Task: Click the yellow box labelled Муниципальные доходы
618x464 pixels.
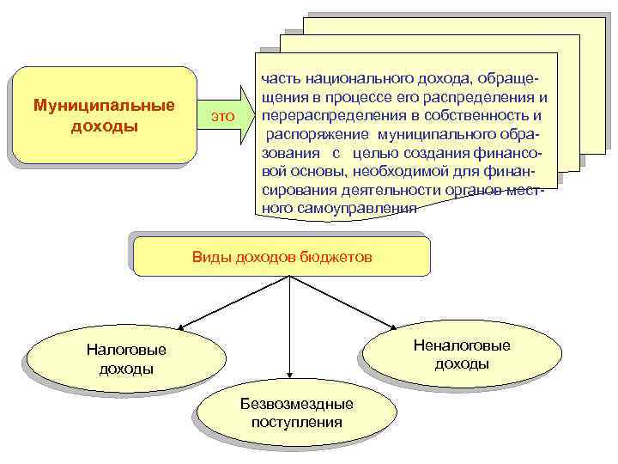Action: [104, 115]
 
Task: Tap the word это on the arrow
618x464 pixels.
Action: [222, 116]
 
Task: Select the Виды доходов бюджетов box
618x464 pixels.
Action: [282, 256]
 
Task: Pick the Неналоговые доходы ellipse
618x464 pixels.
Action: [461, 354]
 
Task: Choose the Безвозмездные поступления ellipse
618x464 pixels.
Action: [296, 412]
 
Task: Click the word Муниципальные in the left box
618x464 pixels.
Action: [104, 106]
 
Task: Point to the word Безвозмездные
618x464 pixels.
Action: [296, 404]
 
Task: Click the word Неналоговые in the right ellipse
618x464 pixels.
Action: [461, 345]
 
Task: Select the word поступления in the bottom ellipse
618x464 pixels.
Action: [296, 422]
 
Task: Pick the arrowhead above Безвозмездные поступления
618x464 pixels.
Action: [291, 375]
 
